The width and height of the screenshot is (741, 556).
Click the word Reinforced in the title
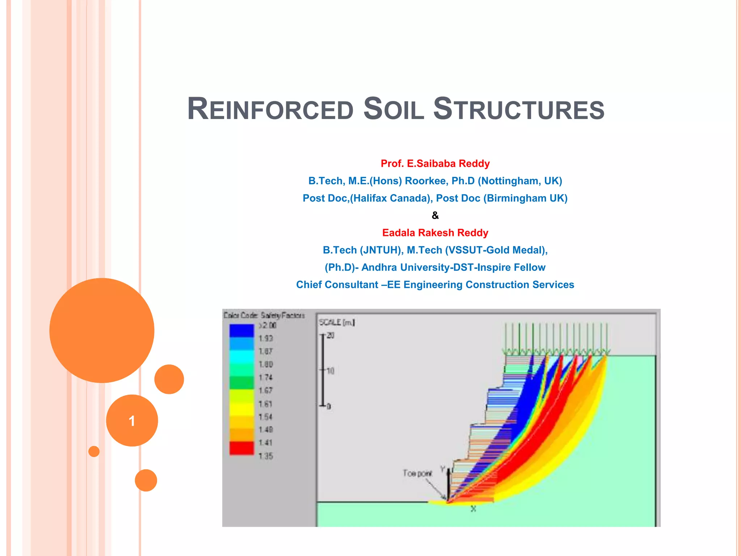pyautogui.click(x=270, y=109)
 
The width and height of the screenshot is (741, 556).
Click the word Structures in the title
pyautogui.click(x=518, y=109)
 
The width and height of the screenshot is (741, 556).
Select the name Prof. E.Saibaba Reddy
pyautogui.click(x=435, y=164)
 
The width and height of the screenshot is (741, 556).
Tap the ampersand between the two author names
pyautogui.click(x=435, y=216)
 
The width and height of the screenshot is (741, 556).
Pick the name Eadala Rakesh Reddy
pyautogui.click(x=435, y=233)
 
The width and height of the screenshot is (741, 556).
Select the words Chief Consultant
pyautogui.click(x=337, y=285)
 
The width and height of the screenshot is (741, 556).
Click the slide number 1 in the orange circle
pyautogui.click(x=132, y=421)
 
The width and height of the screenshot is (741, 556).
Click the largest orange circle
pyautogui.click(x=102, y=330)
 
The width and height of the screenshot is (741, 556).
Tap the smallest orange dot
pyautogui.click(x=94, y=451)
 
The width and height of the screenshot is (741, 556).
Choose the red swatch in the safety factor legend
pyautogui.click(x=241, y=448)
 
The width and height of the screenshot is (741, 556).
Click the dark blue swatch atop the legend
pyautogui.click(x=241, y=330)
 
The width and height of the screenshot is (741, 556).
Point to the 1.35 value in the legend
pyautogui.click(x=266, y=456)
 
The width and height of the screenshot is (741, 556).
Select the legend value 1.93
pyautogui.click(x=266, y=338)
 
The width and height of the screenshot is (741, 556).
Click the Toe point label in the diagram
pyautogui.click(x=417, y=473)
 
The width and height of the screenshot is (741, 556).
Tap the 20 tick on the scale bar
pyautogui.click(x=330, y=336)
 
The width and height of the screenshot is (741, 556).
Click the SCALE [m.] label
pyautogui.click(x=336, y=322)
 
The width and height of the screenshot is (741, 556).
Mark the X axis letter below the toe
pyautogui.click(x=473, y=509)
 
